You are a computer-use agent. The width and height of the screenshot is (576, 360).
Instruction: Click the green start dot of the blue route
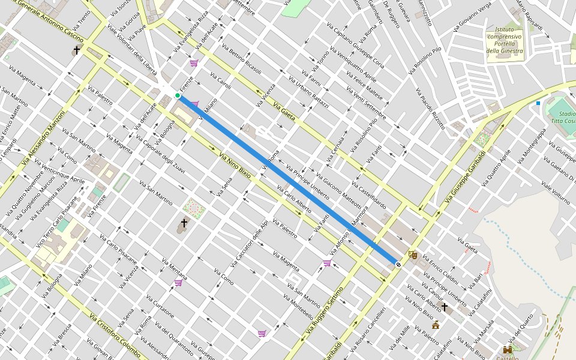[x=178, y=95]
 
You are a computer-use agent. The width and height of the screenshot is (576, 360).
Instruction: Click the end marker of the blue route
[x=397, y=264]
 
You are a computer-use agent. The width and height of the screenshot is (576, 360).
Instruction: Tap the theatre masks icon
[x=412, y=254]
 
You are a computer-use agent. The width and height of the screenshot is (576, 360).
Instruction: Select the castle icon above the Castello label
[x=508, y=349]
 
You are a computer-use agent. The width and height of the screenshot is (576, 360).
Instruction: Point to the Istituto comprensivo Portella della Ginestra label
[x=504, y=40]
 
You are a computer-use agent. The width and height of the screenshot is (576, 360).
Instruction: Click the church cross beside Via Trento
[x=77, y=50]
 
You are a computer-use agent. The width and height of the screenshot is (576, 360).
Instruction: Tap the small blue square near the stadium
[x=538, y=103]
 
